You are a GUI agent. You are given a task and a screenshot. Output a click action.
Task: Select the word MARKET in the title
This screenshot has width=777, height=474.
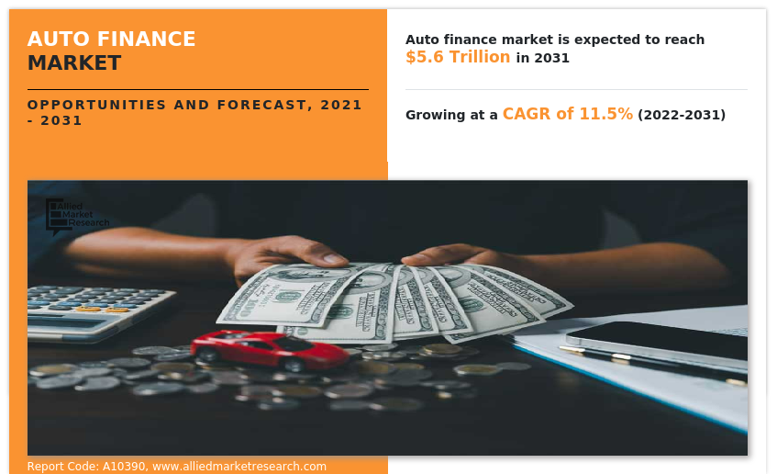coord(74,63)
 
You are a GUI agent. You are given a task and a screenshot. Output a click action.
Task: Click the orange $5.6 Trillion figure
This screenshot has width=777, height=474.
coord(458,57)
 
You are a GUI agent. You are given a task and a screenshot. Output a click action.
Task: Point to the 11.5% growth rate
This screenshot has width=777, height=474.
coord(605,114)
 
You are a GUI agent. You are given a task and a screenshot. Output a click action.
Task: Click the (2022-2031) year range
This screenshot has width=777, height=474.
coord(682,115)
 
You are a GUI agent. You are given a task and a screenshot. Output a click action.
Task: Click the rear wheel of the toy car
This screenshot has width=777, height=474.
coord(293,365)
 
